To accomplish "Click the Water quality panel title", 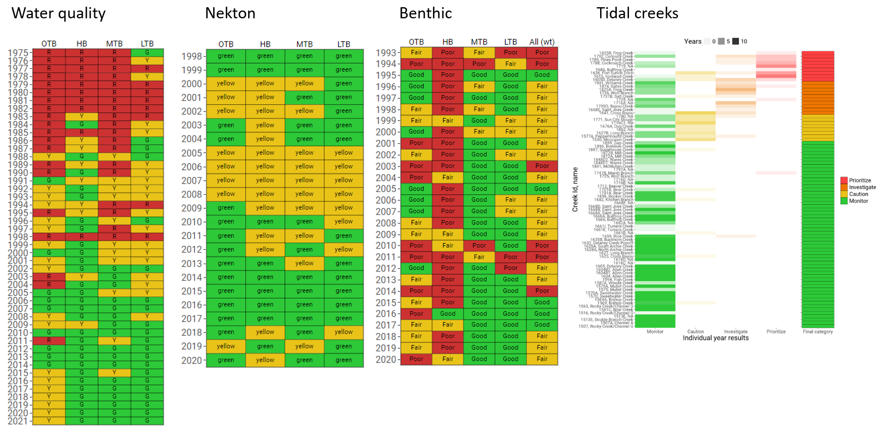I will coord(58,13).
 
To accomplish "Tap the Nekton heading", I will coord(230,13).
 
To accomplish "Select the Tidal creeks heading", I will coord(637,13).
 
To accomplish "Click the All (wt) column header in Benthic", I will coord(542,42).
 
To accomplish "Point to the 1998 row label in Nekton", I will coord(192,56).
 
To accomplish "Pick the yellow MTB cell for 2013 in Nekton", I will coord(304,263).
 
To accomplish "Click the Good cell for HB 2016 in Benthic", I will coord(447,314).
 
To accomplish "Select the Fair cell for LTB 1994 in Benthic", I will coord(511,64).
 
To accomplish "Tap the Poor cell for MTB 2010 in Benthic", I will coord(479,245).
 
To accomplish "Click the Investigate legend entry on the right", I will coord(862,188).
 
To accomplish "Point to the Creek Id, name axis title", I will coord(575,189).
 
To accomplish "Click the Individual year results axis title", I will coord(716,338).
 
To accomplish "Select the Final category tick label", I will coord(818,332).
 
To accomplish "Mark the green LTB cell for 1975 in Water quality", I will coord(147,52).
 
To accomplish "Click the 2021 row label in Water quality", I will coord(18,421).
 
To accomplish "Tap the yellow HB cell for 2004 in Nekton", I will coord(265,139).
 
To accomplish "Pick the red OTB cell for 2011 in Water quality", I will coord(49,341).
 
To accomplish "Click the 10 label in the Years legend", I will coord(744,42).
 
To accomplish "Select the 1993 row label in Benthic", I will coord(386,53).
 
